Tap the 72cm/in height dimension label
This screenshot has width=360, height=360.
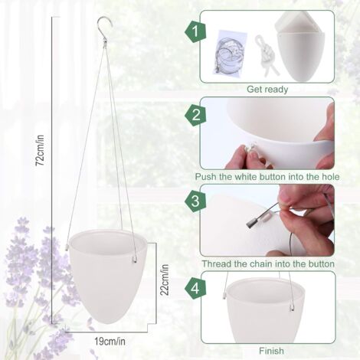coord(40,150)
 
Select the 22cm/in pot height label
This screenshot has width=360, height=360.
coord(165,280)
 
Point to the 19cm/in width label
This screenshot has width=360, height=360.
coord(110,342)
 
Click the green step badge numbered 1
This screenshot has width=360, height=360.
coord(195,32)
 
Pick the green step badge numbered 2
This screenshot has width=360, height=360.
coord(195,115)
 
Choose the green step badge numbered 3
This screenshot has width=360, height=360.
coord(195,201)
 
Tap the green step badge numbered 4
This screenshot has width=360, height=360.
coord(195,289)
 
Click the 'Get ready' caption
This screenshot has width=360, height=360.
coord(267,90)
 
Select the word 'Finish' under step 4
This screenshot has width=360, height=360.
coord(271,351)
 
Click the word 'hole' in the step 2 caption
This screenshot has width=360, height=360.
coord(329,177)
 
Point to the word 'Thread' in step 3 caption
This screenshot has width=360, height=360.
coord(217,263)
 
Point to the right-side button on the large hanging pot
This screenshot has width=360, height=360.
coord(134,260)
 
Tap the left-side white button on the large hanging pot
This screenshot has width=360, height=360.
coord(67,247)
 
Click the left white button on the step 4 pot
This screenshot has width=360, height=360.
coord(224,296)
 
